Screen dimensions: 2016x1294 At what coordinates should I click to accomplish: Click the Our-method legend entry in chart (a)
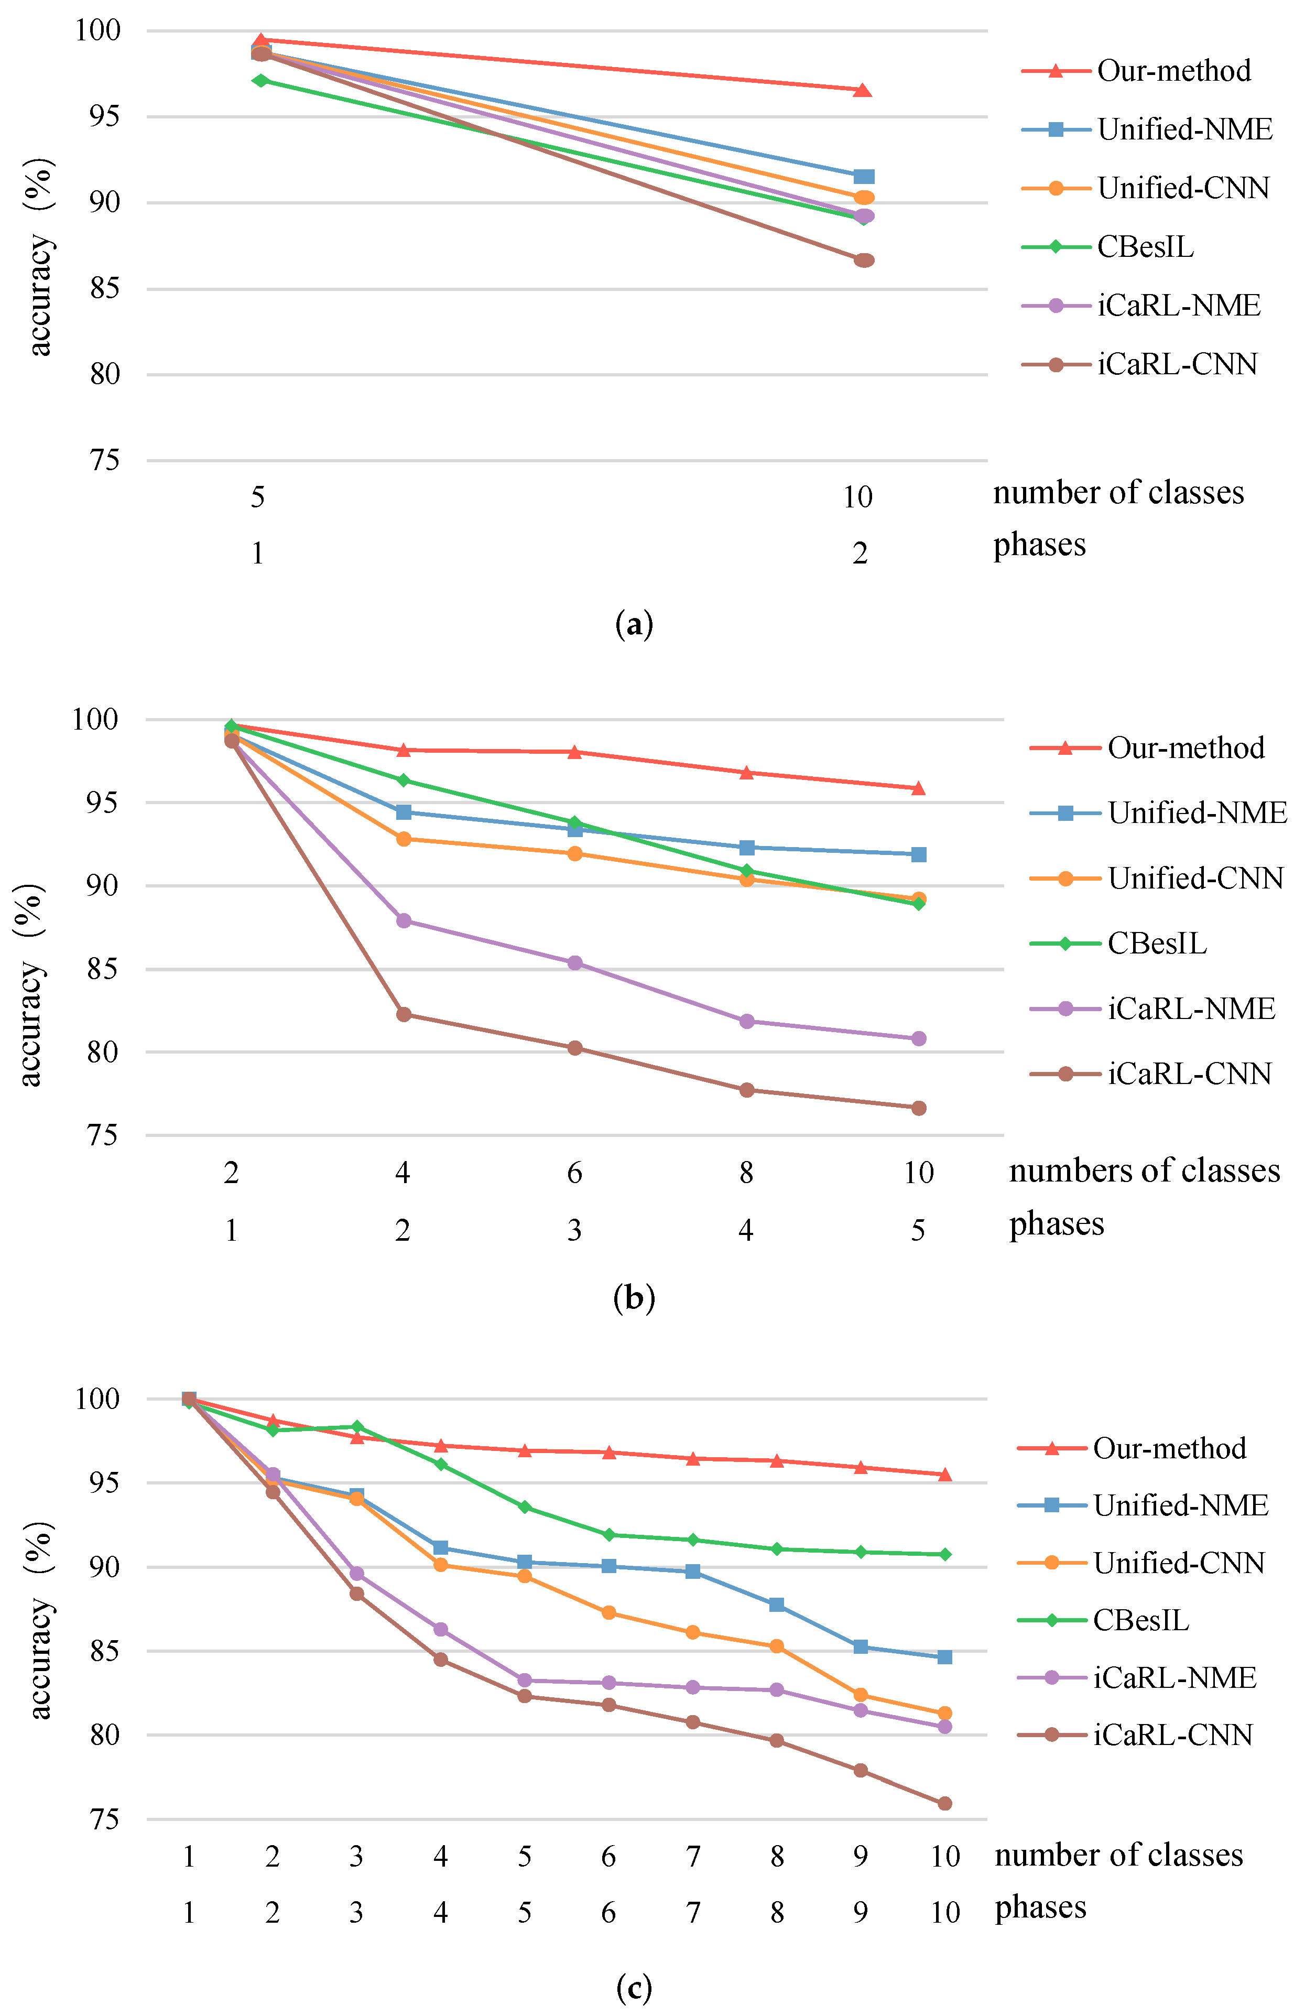tap(1173, 71)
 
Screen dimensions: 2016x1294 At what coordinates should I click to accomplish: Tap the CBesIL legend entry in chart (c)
tap(1140, 1620)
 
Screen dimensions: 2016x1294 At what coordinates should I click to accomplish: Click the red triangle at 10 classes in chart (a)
tap(862, 91)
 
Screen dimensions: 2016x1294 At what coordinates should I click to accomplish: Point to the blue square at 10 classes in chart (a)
tap(864, 177)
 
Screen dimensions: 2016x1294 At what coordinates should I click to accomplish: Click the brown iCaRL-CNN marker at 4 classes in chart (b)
tap(404, 1014)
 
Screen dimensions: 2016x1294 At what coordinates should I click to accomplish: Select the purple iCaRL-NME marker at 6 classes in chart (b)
tap(575, 963)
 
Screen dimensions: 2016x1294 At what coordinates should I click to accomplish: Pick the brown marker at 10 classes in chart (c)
tap(944, 1803)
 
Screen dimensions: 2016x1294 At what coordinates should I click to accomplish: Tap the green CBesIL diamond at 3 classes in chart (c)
tap(356, 1427)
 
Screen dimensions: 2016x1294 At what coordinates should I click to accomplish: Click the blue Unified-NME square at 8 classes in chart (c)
tap(776, 1605)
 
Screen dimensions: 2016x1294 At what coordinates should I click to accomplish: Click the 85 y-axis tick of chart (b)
tap(103, 969)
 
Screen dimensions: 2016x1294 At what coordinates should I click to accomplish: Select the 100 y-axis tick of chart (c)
tap(97, 1399)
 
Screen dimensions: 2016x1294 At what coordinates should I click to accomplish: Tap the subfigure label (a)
tap(634, 624)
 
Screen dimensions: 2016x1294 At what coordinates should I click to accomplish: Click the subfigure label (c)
tap(634, 1987)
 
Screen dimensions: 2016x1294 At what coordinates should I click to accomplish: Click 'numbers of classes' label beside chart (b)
tap(1144, 1170)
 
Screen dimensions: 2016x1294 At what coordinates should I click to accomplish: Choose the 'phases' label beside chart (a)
tap(1039, 545)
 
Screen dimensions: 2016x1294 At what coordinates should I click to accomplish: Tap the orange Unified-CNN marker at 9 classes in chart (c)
tap(861, 1695)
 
